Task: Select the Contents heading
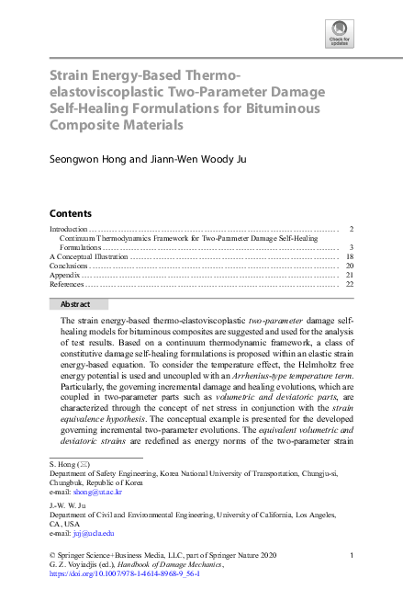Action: (x=70, y=213)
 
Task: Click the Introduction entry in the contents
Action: (x=68, y=228)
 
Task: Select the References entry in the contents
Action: (x=69, y=284)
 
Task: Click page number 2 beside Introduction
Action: (x=352, y=228)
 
